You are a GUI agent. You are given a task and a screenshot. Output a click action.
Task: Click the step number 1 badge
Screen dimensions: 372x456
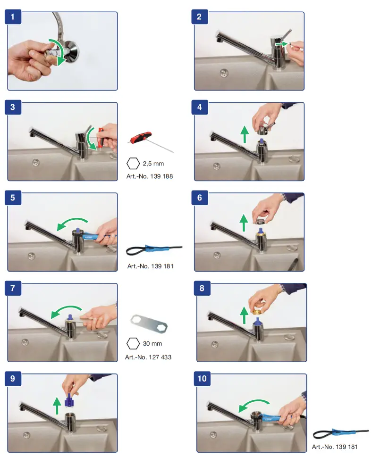click(x=13, y=17)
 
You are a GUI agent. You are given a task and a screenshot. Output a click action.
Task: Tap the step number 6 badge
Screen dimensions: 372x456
click(x=199, y=198)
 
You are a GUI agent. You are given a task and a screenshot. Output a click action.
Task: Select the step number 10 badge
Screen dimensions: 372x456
click(x=202, y=378)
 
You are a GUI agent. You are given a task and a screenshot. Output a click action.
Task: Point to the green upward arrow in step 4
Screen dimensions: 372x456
click(x=245, y=134)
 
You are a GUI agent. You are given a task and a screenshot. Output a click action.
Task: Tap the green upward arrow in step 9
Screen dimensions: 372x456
click(x=57, y=406)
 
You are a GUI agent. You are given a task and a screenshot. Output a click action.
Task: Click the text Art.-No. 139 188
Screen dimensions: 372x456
click(x=150, y=176)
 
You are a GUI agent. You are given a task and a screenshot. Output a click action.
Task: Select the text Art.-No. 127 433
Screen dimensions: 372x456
click(x=148, y=357)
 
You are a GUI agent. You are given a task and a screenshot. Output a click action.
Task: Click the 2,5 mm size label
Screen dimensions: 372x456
click(x=153, y=164)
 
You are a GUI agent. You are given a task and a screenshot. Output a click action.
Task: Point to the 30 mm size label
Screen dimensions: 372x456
click(x=152, y=343)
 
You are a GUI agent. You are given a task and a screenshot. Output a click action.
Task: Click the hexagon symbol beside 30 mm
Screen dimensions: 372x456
click(x=133, y=343)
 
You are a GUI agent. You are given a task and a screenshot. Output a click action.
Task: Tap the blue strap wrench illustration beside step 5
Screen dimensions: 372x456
click(x=154, y=249)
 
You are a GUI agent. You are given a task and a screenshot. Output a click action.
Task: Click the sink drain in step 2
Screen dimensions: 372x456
click(x=224, y=73)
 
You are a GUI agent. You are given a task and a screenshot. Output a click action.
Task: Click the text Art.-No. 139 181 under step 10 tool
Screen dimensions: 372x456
click(x=335, y=447)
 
